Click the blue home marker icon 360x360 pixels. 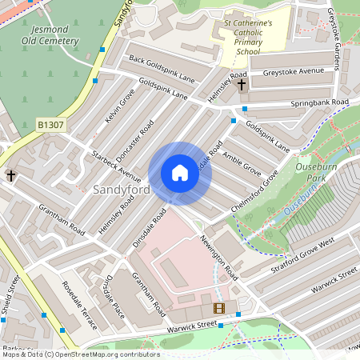click(180, 173)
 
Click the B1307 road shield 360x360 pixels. click(50, 125)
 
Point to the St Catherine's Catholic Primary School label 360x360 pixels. click(248, 37)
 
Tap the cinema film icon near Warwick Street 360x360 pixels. click(218, 308)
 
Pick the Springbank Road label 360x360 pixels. click(320, 104)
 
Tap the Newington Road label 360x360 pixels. click(219, 258)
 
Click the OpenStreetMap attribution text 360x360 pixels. click(80, 354)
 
